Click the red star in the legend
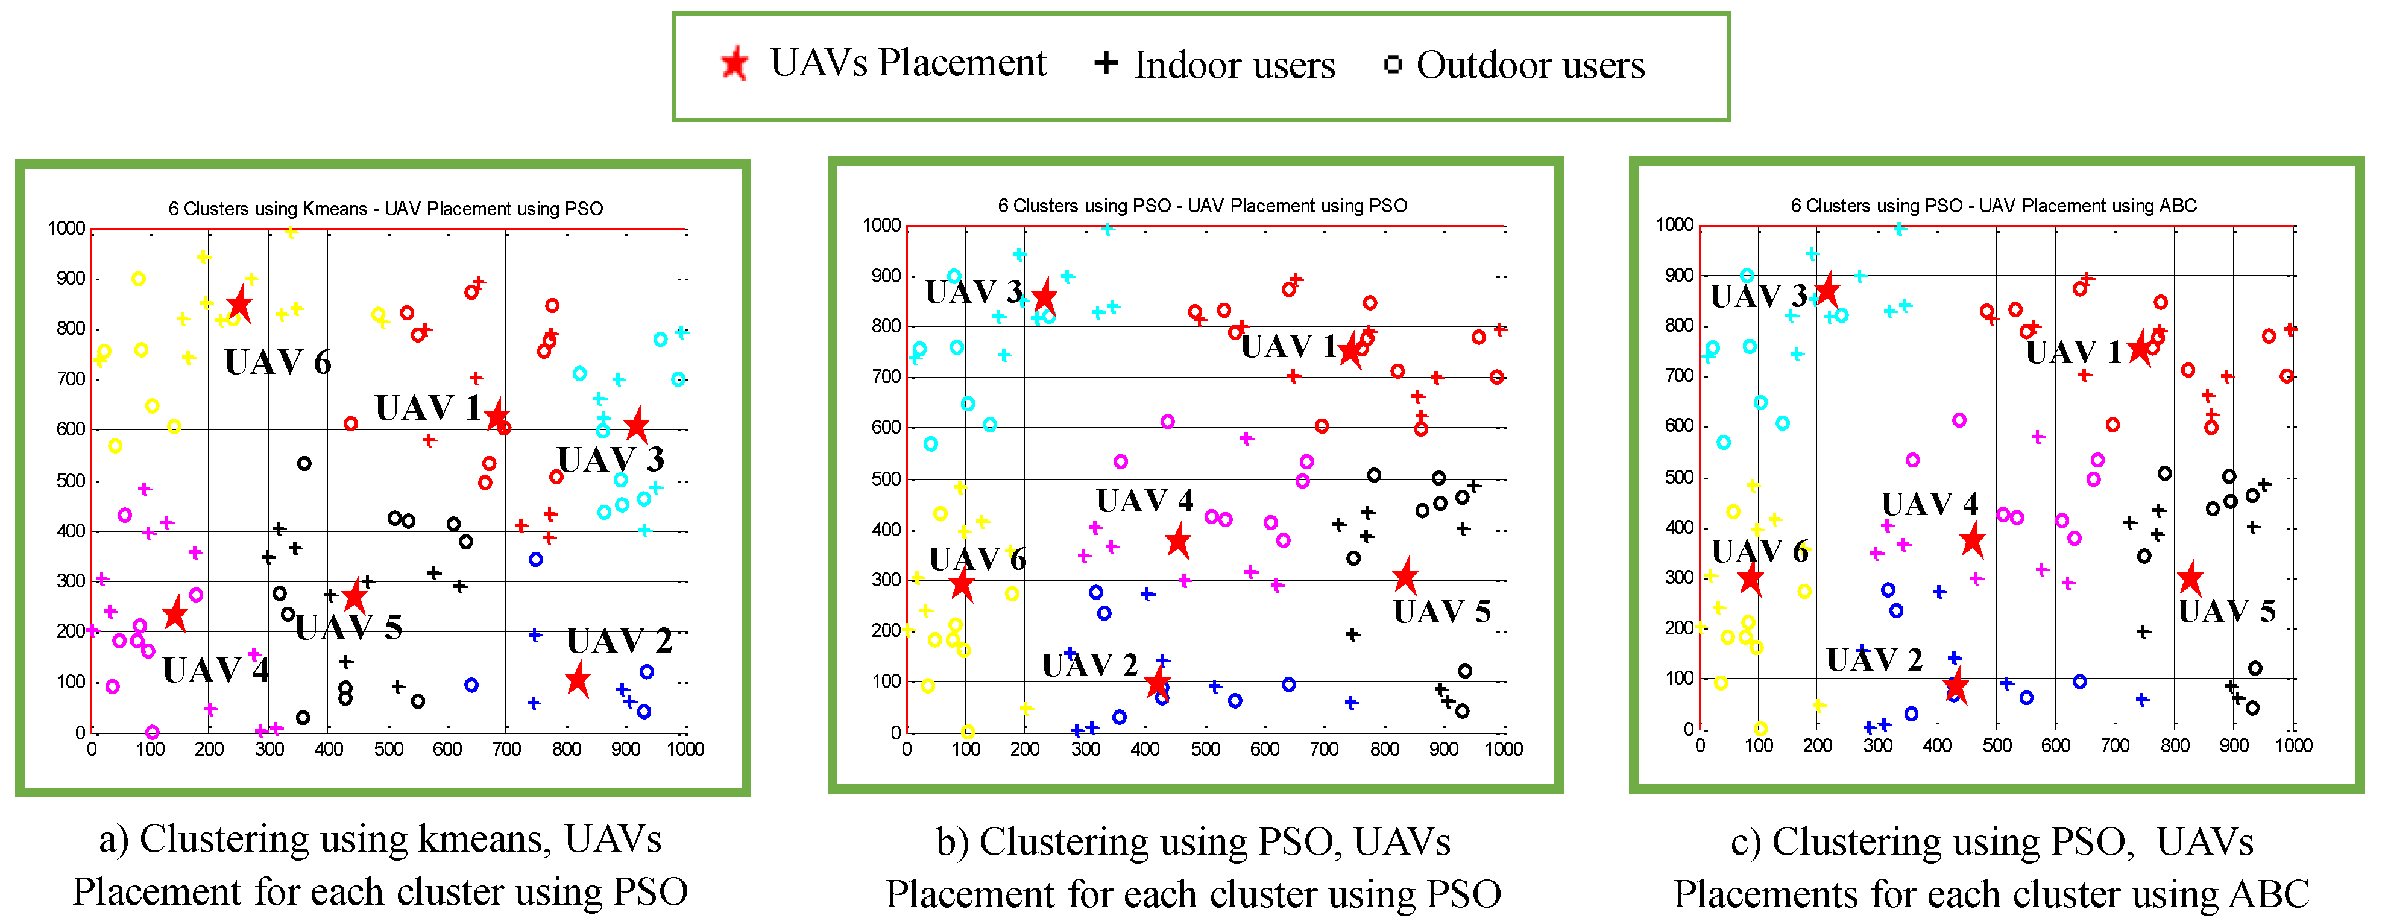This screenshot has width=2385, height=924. (x=734, y=64)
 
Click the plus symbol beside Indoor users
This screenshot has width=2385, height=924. (x=1106, y=63)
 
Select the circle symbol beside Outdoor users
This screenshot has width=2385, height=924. (x=1393, y=65)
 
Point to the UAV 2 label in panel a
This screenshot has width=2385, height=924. (x=619, y=641)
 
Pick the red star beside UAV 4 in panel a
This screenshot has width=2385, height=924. (x=175, y=614)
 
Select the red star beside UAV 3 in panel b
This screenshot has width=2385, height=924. (x=1044, y=297)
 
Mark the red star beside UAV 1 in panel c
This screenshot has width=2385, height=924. (x=2140, y=349)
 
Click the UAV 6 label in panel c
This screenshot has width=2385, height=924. (x=1759, y=552)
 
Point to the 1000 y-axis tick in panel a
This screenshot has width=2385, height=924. (x=67, y=229)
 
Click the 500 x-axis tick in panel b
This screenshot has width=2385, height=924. (x=1205, y=749)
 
